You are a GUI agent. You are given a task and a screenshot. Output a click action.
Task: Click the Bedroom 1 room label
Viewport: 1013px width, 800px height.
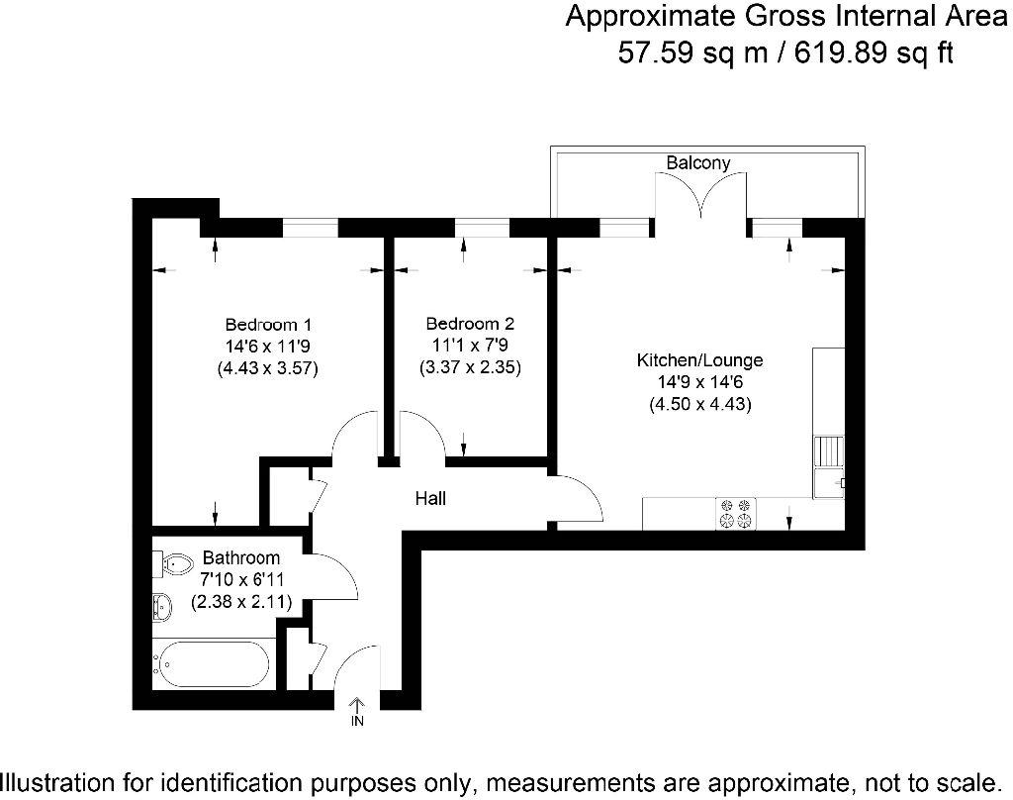(x=268, y=324)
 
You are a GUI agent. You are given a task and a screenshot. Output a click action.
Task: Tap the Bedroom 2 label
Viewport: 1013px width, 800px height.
(x=470, y=324)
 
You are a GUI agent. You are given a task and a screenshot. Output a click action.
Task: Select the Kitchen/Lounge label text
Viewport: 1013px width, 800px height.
(x=699, y=360)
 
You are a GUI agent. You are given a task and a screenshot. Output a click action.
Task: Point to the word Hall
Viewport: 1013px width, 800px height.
(x=430, y=499)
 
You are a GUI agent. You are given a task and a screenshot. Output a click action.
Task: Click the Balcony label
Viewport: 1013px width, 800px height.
(x=698, y=162)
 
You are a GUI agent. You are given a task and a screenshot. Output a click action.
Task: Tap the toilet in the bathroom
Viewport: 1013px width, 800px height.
(x=172, y=564)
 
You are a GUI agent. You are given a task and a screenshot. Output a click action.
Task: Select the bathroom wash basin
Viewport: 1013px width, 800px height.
(x=162, y=607)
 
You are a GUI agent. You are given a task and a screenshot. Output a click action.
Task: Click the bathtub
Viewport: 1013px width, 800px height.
(x=212, y=664)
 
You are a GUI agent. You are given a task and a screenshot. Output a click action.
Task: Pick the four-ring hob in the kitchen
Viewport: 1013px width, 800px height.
(x=736, y=514)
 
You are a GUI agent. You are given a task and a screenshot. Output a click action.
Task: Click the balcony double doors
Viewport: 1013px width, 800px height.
(x=701, y=195)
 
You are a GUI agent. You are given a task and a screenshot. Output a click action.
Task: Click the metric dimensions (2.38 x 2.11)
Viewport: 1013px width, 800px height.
(x=241, y=602)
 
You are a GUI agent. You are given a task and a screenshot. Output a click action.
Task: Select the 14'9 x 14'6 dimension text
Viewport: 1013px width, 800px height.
(x=700, y=382)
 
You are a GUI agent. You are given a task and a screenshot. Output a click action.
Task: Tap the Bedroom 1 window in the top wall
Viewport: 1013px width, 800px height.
(x=310, y=228)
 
